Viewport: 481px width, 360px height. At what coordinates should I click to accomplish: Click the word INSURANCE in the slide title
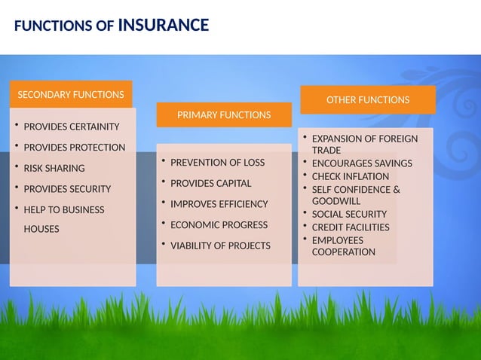click(164, 26)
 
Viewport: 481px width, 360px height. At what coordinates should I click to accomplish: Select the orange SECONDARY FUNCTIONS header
click(71, 95)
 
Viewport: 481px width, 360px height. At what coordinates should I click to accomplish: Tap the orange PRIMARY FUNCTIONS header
click(223, 115)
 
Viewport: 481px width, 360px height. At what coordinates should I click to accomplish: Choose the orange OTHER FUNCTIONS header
click(367, 99)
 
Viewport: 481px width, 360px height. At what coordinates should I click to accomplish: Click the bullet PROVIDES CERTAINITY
click(72, 126)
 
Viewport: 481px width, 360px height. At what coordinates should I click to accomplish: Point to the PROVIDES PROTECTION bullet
click(74, 147)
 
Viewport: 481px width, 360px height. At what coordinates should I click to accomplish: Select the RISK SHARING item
click(54, 168)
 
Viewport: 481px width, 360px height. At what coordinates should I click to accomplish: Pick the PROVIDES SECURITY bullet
click(67, 188)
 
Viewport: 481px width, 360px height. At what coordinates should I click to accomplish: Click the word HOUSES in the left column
click(41, 229)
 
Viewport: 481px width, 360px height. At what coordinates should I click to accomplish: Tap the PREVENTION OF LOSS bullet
click(217, 163)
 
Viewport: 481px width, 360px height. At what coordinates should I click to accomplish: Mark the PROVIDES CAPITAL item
click(210, 183)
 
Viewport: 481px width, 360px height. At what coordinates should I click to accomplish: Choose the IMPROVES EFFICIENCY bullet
click(219, 204)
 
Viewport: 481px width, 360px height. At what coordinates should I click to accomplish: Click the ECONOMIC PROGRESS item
click(219, 224)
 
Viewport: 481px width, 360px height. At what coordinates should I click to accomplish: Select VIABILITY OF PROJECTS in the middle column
click(220, 246)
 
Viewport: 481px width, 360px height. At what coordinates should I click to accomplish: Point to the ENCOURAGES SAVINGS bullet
click(362, 163)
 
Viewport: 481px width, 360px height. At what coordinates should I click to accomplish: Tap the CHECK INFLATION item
click(351, 176)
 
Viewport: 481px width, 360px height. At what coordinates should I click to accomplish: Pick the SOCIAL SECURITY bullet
click(349, 215)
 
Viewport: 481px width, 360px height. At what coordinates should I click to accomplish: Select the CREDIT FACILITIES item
click(351, 227)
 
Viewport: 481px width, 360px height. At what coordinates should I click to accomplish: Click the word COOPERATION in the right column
click(343, 252)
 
